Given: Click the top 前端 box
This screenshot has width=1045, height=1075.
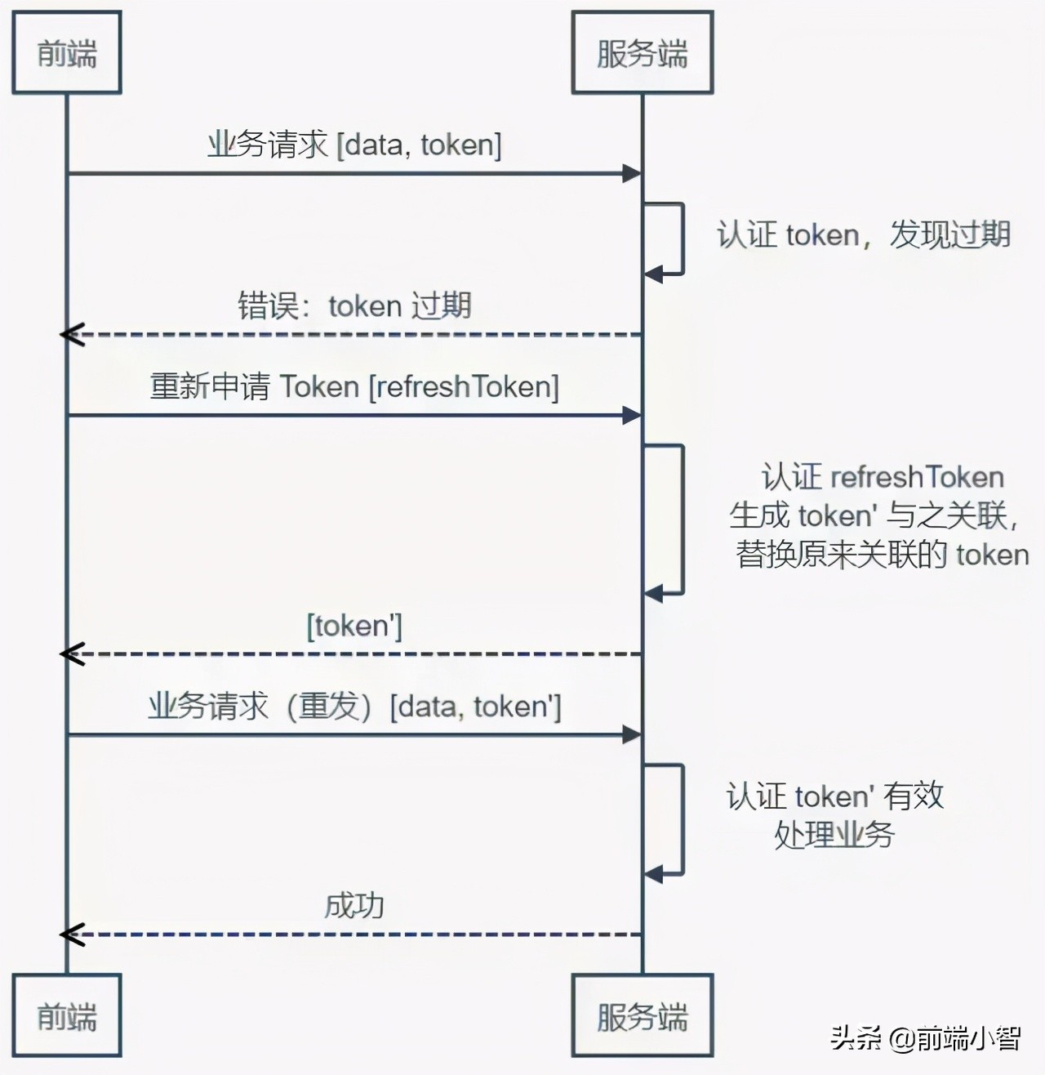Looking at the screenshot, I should [66, 53].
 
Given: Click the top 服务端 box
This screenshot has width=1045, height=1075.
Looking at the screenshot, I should [642, 53].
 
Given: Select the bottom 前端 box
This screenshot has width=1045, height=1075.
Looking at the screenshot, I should [66, 1015].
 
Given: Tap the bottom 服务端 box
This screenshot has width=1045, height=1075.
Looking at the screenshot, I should [642, 1015].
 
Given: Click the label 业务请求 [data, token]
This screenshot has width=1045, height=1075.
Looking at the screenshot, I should [354, 145].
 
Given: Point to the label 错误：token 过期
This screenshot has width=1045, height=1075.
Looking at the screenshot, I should [354, 306].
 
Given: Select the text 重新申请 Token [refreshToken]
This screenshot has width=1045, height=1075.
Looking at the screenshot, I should [354, 386].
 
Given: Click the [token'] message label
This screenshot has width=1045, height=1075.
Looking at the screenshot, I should [354, 626].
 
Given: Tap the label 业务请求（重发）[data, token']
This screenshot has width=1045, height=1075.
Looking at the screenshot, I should [354, 706].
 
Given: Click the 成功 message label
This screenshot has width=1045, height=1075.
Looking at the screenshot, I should [354, 905].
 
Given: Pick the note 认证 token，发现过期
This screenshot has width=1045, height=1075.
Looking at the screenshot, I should [863, 234].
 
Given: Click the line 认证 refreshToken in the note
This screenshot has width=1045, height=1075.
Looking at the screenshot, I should [882, 476].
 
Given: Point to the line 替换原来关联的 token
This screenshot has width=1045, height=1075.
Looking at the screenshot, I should [882, 555].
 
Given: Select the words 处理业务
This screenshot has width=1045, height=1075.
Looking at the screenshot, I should [834, 835].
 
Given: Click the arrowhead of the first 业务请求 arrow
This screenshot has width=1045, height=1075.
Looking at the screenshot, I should [631, 173].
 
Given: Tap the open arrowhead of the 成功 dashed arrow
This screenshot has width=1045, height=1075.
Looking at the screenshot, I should [72, 934].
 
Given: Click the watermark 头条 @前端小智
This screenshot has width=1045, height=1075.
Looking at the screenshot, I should [925, 1038].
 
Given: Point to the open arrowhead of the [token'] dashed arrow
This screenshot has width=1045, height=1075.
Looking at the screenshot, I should [72, 653].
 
